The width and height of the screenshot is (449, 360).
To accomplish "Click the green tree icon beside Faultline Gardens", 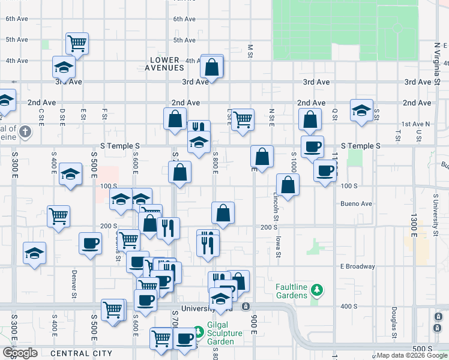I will pyautogui.click(x=317, y=291).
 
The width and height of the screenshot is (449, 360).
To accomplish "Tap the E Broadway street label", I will pyautogui.click(x=357, y=266).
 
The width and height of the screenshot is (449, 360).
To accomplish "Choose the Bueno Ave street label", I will pyautogui.click(x=357, y=203).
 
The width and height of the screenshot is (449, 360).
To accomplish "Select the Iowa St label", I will pyautogui.click(x=279, y=247).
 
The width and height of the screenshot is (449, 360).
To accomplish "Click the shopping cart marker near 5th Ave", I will pyautogui.click(x=77, y=43).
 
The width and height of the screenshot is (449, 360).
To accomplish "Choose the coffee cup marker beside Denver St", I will pyautogui.click(x=91, y=243).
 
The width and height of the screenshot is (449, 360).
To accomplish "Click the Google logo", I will pyautogui.click(x=19, y=353).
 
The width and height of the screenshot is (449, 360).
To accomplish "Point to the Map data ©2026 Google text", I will pyautogui.click(x=412, y=355).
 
